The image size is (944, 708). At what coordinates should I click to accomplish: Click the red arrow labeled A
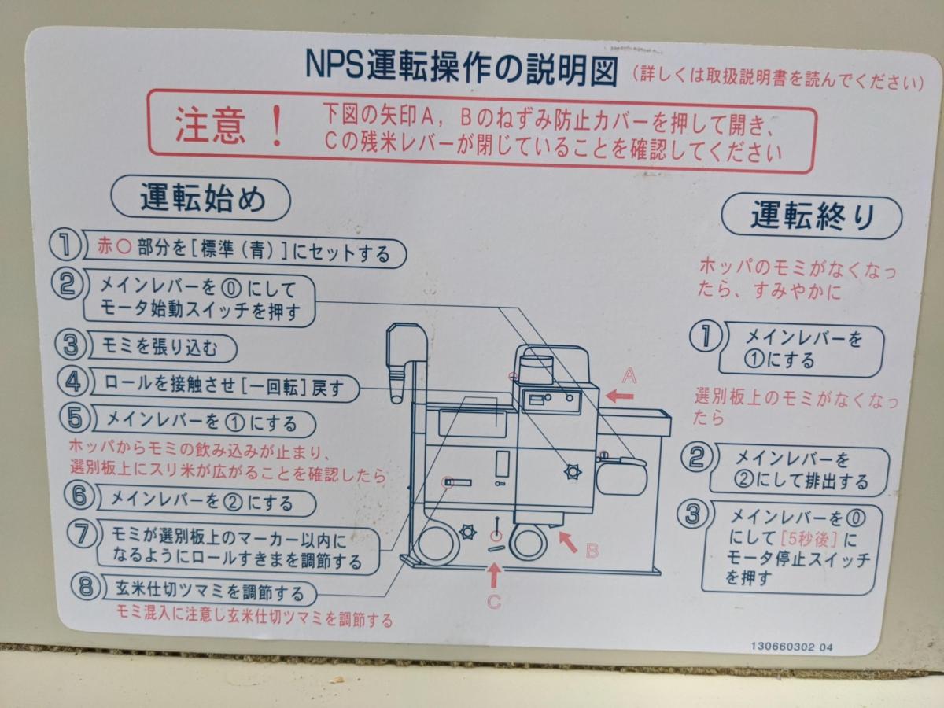tap(620, 396)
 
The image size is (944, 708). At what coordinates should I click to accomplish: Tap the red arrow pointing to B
tap(568, 542)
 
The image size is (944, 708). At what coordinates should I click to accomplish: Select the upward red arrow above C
tap(495, 575)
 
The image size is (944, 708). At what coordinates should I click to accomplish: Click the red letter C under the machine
tap(494, 602)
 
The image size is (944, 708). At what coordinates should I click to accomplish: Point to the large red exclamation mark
tap(278, 126)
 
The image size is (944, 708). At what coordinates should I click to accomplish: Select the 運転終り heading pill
tap(812, 217)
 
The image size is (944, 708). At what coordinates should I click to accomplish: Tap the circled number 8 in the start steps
tap(87, 587)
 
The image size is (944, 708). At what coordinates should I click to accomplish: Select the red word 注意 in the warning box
tap(210, 126)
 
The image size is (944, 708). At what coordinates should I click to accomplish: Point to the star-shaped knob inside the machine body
tap(573, 472)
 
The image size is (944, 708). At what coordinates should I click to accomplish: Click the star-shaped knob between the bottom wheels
tap(467, 532)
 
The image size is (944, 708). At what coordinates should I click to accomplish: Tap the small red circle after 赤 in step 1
tap(124, 247)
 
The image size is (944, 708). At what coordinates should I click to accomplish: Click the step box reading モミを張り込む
tap(164, 348)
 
